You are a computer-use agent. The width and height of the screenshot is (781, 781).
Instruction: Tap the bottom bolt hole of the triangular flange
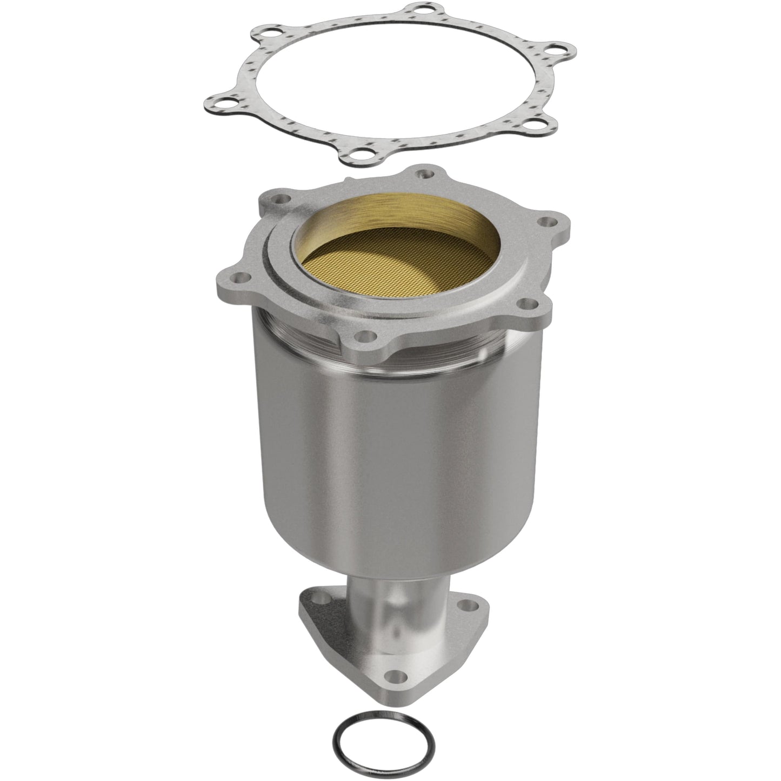click(x=398, y=674)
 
